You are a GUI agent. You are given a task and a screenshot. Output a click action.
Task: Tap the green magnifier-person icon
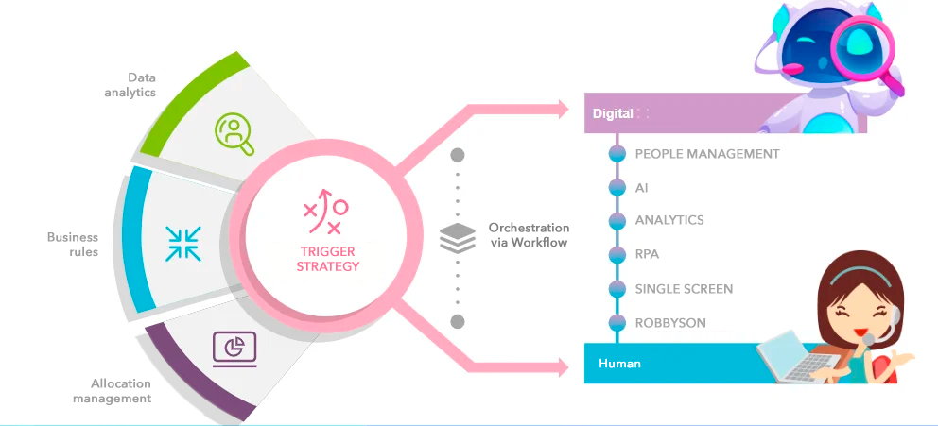[233, 133]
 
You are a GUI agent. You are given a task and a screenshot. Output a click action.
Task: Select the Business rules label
[73, 245]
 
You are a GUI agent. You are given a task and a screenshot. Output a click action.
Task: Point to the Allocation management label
[121, 391]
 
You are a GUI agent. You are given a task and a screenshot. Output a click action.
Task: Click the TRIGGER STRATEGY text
[328, 259]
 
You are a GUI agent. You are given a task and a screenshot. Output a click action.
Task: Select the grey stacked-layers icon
[458, 237]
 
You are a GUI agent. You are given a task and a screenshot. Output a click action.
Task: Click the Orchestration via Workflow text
[529, 235]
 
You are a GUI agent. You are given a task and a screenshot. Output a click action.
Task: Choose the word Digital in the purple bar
[613, 114]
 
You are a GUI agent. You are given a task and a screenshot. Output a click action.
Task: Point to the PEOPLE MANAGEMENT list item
[707, 153]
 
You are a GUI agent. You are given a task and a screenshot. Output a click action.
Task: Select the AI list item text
[642, 187]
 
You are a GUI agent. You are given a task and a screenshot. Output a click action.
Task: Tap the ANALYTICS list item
[669, 220]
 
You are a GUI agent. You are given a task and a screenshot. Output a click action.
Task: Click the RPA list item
[646, 254]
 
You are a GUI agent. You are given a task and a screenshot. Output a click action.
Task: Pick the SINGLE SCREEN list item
[684, 289]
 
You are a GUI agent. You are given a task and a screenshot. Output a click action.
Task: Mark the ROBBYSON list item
[670, 323]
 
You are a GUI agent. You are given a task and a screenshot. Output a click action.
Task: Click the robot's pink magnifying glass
[863, 44]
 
